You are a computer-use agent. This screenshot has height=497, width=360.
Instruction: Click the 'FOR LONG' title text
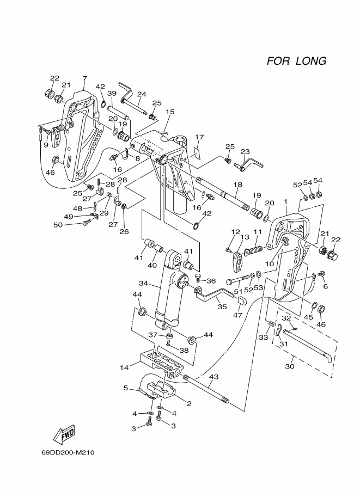[296, 61]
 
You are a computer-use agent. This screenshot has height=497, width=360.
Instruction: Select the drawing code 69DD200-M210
[68, 452]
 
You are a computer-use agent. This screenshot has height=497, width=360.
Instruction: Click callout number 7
[84, 78]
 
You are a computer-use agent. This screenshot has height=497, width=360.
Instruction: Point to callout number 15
[170, 112]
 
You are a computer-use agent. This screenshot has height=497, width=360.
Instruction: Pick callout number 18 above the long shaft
[237, 185]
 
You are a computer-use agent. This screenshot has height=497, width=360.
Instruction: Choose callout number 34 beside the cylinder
[143, 283]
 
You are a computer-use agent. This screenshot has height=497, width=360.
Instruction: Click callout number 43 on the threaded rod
[214, 377]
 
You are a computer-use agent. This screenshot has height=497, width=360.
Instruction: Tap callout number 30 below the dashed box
[290, 366]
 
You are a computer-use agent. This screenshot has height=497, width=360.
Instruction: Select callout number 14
[124, 367]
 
